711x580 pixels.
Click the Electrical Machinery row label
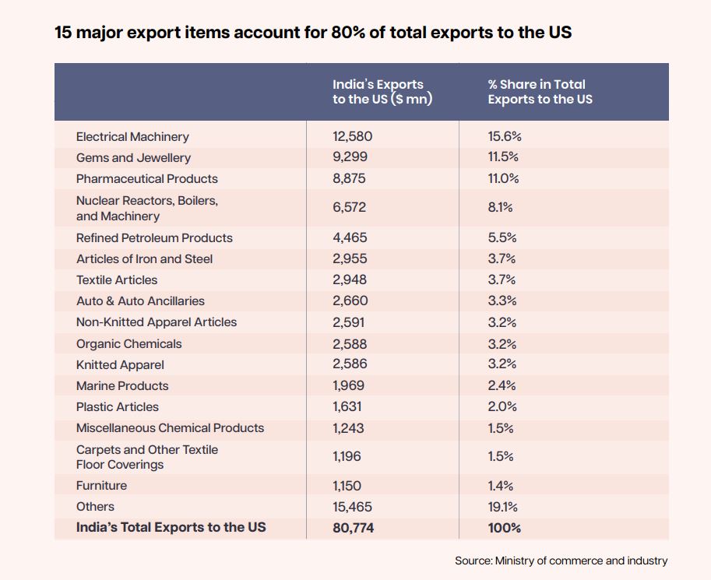[x=132, y=136]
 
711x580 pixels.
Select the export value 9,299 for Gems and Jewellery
[x=350, y=157]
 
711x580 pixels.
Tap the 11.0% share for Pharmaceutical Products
[x=503, y=178]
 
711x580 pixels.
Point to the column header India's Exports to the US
[x=382, y=92]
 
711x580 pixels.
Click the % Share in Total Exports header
[x=540, y=92]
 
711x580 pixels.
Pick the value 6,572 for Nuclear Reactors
[x=349, y=207]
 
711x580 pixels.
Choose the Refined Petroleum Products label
[x=154, y=237]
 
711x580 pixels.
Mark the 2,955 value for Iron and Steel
[x=350, y=258]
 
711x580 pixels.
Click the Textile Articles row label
[x=117, y=279]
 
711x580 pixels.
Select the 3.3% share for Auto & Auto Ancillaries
[x=502, y=301]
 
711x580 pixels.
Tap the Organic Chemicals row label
[x=128, y=343]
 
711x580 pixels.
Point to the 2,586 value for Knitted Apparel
[x=350, y=364]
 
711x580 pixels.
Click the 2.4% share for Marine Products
[x=502, y=385]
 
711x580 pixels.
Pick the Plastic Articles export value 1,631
[x=347, y=406]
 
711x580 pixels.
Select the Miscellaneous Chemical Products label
[x=170, y=427]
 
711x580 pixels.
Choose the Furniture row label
[x=101, y=485]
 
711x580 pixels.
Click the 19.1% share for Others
[x=503, y=507]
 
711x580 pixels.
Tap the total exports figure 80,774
[x=353, y=528]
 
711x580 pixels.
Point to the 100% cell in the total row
[x=505, y=528]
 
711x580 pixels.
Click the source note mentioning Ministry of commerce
[x=561, y=561]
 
